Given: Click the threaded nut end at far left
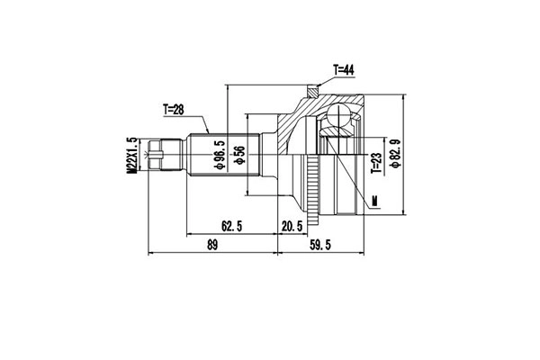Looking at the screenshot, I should click(x=158, y=154).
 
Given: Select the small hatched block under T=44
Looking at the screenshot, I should click(x=312, y=89).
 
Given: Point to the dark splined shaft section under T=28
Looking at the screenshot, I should click(x=199, y=154).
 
